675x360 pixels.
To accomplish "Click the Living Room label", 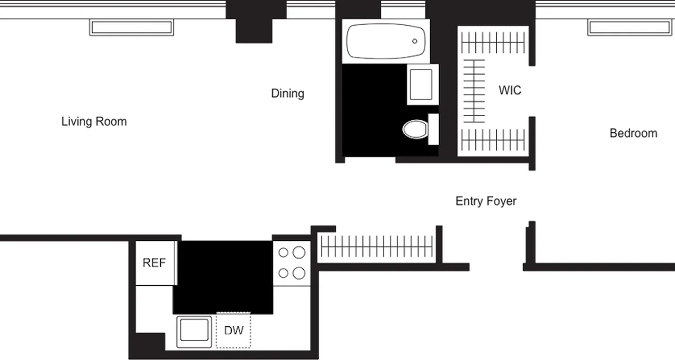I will [x=94, y=121].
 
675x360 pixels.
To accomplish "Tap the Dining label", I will [x=288, y=94].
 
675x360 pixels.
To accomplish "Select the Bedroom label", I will [x=633, y=133].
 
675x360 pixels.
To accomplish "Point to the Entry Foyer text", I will [x=486, y=201].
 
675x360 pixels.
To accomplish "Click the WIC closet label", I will [x=510, y=90].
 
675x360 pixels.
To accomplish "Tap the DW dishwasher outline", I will [x=234, y=331].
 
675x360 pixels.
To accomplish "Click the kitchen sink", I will [x=194, y=331].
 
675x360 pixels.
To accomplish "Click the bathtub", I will [x=386, y=41].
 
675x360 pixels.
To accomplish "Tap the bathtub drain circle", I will [x=414, y=41].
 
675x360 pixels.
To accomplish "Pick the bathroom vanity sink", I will [x=423, y=85].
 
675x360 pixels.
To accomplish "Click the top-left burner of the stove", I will [x=283, y=253].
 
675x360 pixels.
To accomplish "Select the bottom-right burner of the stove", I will [x=299, y=273].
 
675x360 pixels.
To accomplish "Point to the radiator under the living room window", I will [x=131, y=28].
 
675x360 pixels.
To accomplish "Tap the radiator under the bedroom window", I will [x=629, y=28].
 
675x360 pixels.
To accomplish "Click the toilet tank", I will [x=433, y=129].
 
